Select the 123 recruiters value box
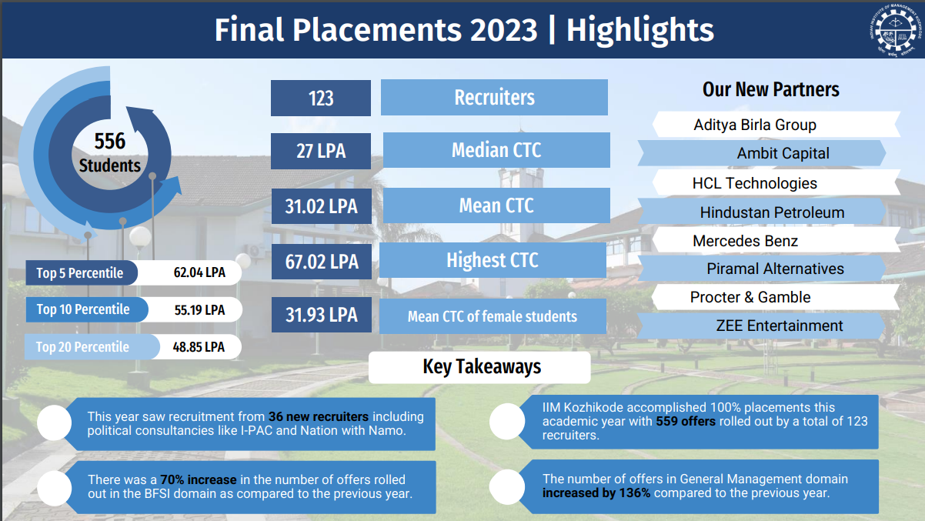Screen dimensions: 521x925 pyautogui.click(x=321, y=99)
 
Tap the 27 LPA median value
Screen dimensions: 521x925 pyautogui.click(x=321, y=152)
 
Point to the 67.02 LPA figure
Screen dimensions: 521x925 pyautogui.click(x=322, y=262)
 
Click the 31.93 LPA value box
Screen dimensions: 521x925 pyautogui.click(x=322, y=316)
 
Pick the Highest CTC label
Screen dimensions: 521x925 pyautogui.click(x=493, y=260)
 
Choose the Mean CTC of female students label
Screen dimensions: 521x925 pyautogui.click(x=493, y=316)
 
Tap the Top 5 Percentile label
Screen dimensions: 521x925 pyautogui.click(x=80, y=273)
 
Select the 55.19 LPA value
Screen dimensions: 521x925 pyautogui.click(x=199, y=310)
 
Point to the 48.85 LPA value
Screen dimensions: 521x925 pyautogui.click(x=199, y=347)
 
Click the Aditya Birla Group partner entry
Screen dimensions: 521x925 pyautogui.click(x=755, y=125)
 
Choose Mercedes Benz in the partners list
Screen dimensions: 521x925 pyautogui.click(x=745, y=241)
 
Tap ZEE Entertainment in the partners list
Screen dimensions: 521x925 pyautogui.click(x=780, y=326)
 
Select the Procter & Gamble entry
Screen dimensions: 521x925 pyautogui.click(x=750, y=297)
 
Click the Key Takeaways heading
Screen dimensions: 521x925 pyautogui.click(x=482, y=367)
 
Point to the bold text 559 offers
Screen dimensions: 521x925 pyautogui.click(x=686, y=421)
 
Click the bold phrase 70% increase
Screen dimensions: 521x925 pyautogui.click(x=199, y=479)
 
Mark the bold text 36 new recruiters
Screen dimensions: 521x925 pyautogui.click(x=319, y=416)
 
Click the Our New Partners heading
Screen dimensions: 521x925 pyautogui.click(x=770, y=90)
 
